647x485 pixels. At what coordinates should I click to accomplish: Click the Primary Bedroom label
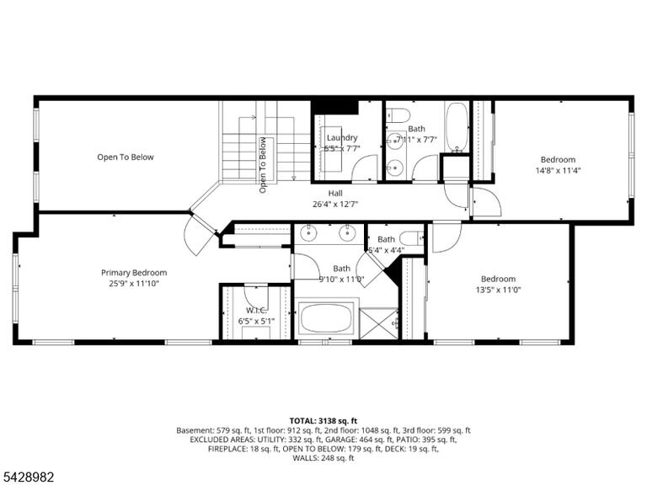coord(134,273)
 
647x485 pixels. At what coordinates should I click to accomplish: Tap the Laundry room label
coord(342,138)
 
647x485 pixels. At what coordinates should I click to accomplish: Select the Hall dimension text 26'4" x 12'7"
coord(335,204)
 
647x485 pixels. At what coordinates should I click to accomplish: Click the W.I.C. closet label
coord(256,311)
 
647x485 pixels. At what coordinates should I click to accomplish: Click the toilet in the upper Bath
coord(398,115)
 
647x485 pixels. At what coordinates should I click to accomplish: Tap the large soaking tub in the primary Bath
coord(327,319)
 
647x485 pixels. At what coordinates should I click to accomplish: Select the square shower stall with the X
coord(379,323)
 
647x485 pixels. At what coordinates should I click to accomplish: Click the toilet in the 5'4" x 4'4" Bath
coord(412,238)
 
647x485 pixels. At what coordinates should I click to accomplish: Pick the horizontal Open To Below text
coord(126,157)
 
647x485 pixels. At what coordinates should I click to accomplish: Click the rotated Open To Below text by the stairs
coord(263,165)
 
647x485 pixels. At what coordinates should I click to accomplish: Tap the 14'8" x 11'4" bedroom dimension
coord(558,170)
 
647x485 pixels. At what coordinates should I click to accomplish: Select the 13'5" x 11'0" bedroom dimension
coord(498,290)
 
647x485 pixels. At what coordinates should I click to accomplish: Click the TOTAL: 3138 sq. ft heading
coord(323,421)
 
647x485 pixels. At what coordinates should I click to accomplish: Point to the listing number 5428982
coord(27,477)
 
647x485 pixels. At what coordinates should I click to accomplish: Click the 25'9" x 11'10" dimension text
coord(134,283)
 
